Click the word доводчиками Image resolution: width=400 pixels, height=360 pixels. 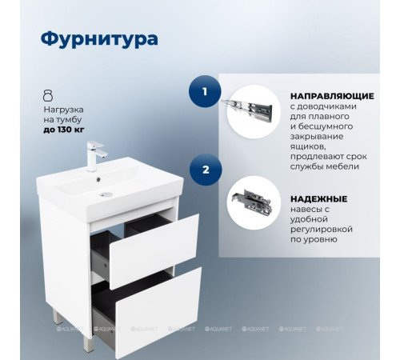(324, 106)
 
